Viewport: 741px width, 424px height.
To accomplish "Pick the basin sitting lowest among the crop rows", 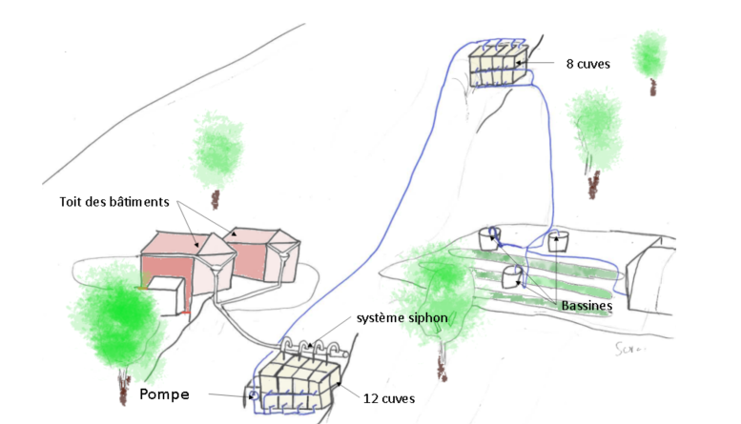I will (512, 276).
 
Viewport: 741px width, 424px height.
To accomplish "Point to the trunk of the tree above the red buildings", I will (216, 197).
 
